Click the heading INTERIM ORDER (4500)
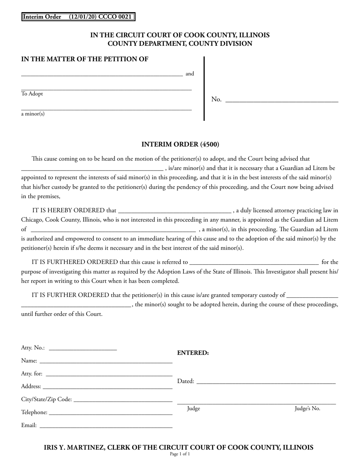pyautogui.click(x=180, y=144)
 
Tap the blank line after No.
pyautogui.click(x=282, y=101)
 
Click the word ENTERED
pyautogui.click(x=193, y=353)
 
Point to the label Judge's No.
pyautogui.click(x=307, y=408)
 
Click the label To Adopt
pyautogui.click(x=32, y=94)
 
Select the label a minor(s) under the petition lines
pyautogui.click(x=33, y=114)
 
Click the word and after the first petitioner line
pyautogui.click(x=189, y=74)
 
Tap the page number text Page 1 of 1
pyautogui.click(x=180, y=454)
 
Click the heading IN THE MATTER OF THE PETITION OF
pyautogui.click(x=85, y=59)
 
